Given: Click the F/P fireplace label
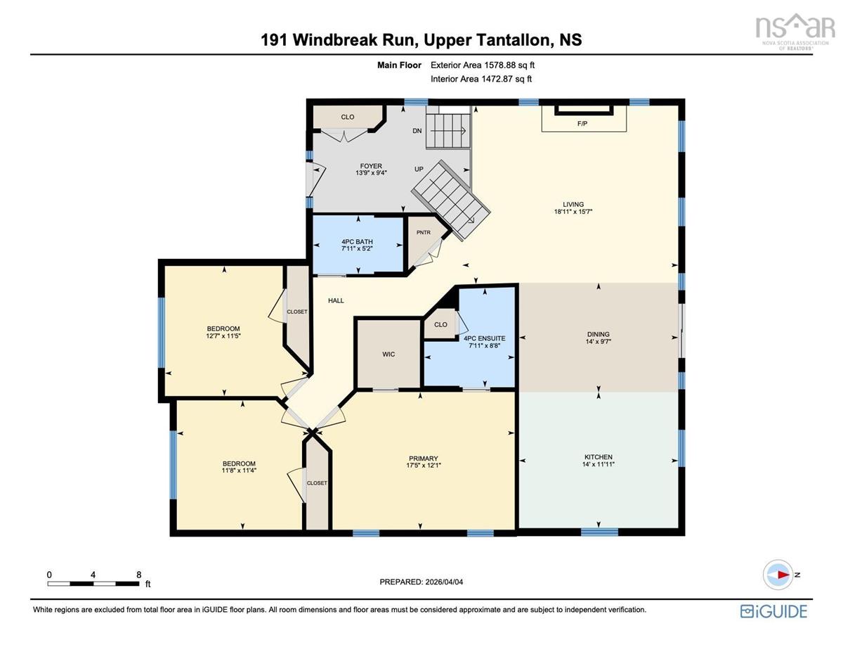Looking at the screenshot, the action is tap(582, 124).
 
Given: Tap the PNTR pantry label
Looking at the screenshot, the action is tap(423, 233).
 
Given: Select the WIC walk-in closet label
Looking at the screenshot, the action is tap(388, 354).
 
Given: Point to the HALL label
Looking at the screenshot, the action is tap(336, 300).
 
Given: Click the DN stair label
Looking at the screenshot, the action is tap(417, 131).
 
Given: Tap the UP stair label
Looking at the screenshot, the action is tap(419, 170).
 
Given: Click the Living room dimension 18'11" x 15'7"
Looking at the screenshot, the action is tap(573, 212).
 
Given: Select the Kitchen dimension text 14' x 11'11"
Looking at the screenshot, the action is tap(599, 464).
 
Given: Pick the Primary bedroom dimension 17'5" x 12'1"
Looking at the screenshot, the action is tap(423, 465).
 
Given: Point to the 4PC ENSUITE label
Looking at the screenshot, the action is tap(485, 338).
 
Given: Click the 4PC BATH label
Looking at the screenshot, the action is tap(357, 241).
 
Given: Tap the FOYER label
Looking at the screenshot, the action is tap(371, 166).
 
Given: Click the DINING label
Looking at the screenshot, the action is tap(599, 334).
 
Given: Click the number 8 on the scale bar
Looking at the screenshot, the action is tap(138, 575).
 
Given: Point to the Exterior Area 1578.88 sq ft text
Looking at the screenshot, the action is tap(482, 65).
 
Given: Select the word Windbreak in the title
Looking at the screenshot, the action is tap(335, 40).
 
